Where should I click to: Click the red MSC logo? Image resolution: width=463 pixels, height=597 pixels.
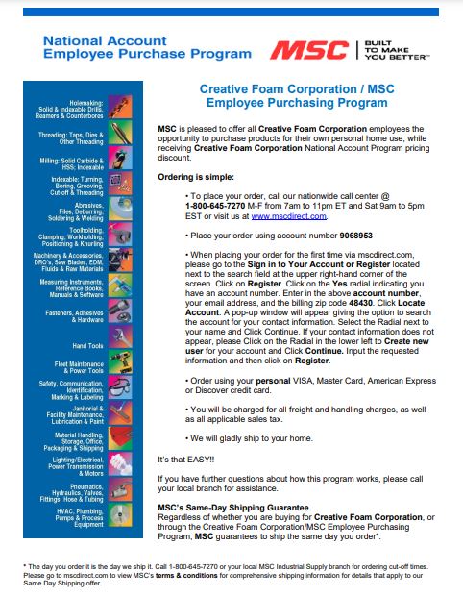308,49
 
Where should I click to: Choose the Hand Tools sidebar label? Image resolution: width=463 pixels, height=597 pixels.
88,345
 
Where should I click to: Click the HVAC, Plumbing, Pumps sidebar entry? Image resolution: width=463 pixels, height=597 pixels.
82,518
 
